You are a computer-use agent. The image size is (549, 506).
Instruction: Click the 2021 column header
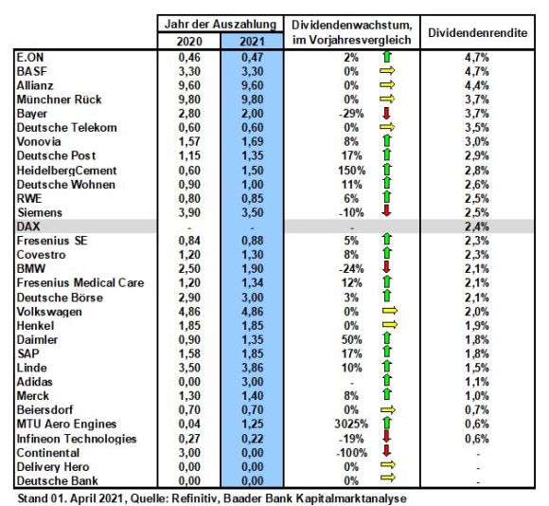point(252,42)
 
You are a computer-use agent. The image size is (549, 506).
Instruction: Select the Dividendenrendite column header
point(478,33)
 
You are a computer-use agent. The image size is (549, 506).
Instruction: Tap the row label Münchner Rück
point(60,99)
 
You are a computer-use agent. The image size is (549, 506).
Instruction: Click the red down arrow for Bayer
point(386,113)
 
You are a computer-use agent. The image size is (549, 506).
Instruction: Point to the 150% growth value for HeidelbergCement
point(352,171)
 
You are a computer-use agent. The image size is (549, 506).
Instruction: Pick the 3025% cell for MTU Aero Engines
point(351,424)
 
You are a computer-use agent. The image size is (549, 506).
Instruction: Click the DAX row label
point(28,226)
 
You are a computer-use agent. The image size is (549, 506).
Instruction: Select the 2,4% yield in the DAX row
point(477,226)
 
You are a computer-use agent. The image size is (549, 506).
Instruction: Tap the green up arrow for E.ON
point(387,57)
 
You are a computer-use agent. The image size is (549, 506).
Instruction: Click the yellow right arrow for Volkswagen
point(390,311)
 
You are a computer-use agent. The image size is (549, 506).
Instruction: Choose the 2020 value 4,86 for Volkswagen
point(189,312)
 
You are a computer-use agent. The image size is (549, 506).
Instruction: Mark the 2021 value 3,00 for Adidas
point(252,382)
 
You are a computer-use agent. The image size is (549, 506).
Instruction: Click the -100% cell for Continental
point(351,453)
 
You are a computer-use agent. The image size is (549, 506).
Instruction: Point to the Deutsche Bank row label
point(58,480)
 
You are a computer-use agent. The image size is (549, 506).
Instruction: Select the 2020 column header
point(189,42)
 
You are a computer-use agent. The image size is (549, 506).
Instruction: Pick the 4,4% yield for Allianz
point(477,85)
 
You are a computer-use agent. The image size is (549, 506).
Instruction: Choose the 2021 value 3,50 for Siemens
point(252,212)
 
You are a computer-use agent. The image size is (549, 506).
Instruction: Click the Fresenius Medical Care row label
point(80,282)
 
